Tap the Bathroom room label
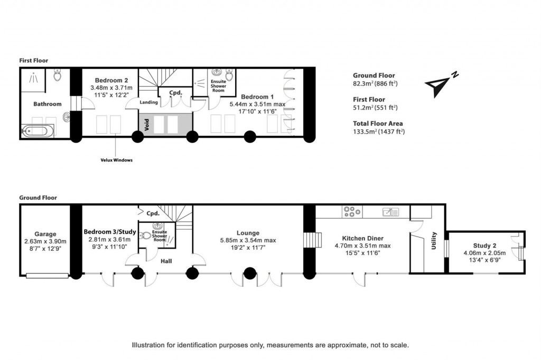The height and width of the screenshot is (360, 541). tap(48, 104)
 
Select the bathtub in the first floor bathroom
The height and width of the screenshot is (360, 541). tap(38, 130)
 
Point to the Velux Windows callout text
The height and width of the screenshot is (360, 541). tap(116, 160)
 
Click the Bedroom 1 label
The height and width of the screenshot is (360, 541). tap(257, 97)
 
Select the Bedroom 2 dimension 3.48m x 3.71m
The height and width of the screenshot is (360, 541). tap(111, 88)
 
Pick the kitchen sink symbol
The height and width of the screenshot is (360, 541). tap(391, 212)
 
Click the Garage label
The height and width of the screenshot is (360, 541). tap(45, 234)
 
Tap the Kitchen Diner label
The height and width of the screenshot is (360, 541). tap(362, 238)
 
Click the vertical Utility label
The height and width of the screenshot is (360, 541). tap(434, 241)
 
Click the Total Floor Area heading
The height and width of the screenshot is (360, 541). tap(378, 124)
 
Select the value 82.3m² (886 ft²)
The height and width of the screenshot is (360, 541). tap(375, 83)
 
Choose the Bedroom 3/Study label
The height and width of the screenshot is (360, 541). tap(110, 232)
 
